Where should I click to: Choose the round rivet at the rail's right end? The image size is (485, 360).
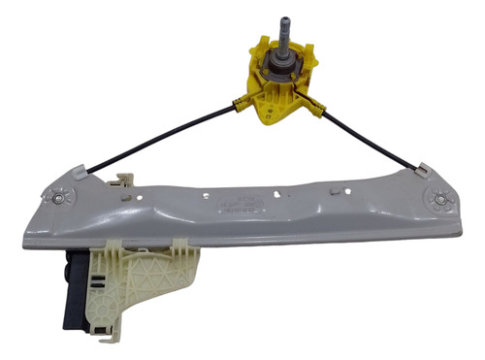point(442,200)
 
